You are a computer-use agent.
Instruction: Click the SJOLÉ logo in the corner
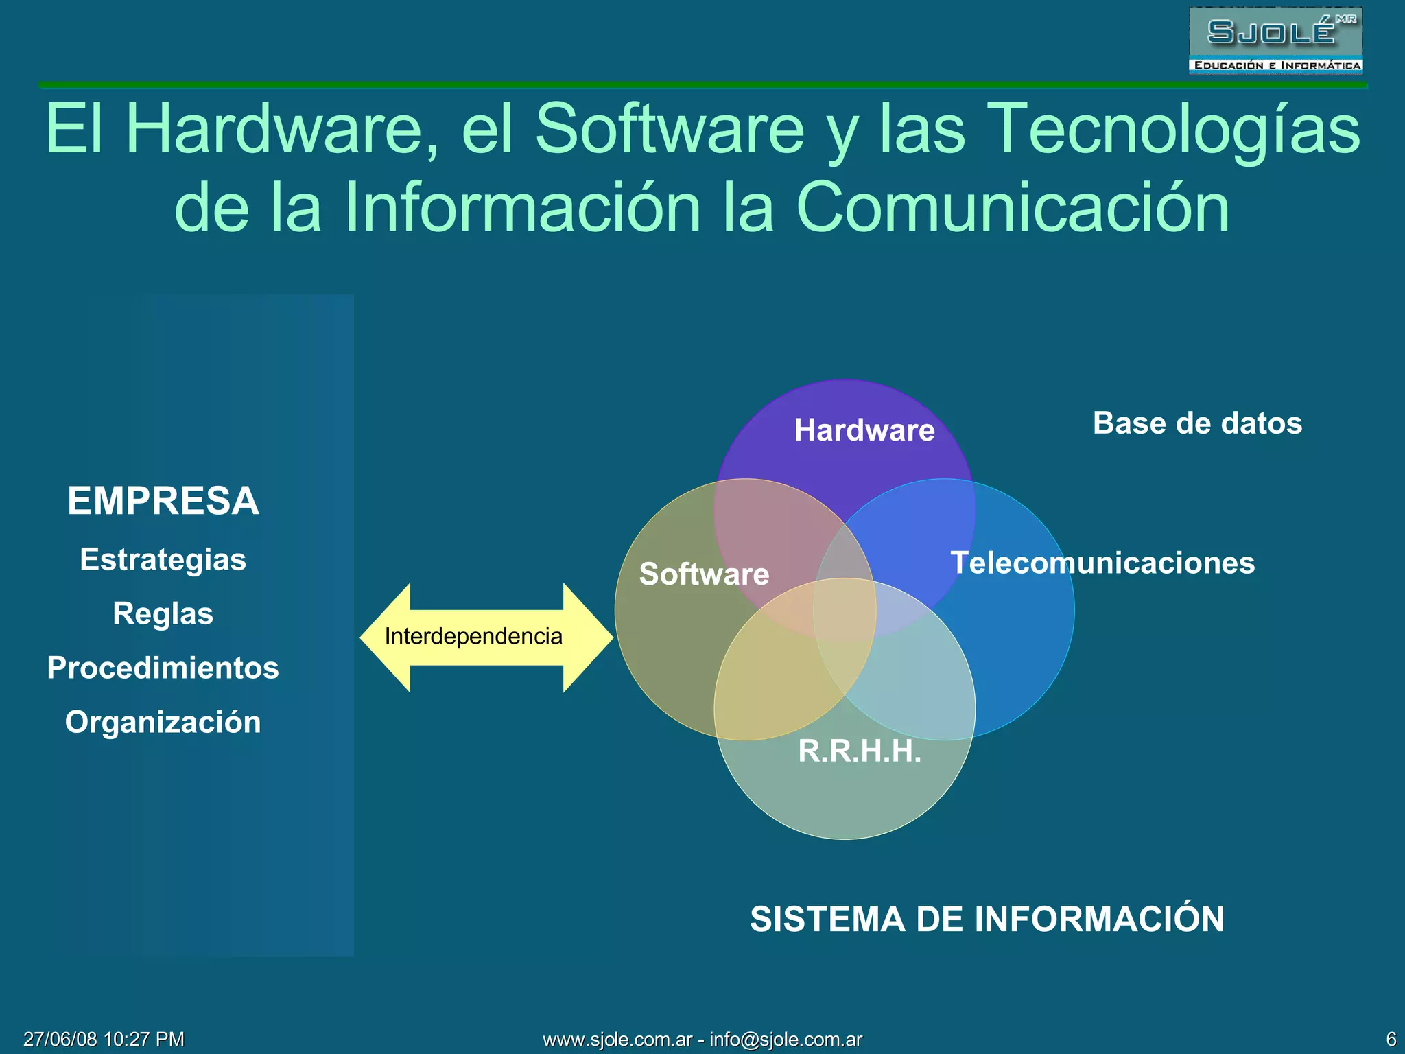[1275, 40]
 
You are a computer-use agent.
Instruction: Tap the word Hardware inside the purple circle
[864, 430]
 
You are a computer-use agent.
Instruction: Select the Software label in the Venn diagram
[704, 574]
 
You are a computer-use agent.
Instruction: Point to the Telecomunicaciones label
[1102, 563]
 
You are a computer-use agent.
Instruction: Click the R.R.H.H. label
[860, 751]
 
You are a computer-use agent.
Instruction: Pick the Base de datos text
[1197, 423]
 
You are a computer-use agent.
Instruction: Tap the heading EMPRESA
[163, 500]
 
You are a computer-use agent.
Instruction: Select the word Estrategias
[163, 559]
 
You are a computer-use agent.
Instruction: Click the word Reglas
[163, 613]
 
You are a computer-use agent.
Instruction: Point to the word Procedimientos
[163, 668]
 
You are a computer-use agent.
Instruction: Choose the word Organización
[163, 722]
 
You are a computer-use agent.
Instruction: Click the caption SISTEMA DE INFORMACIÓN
[987, 919]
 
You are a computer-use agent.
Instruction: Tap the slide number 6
[1391, 1039]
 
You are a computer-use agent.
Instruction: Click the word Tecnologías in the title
[1176, 128]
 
